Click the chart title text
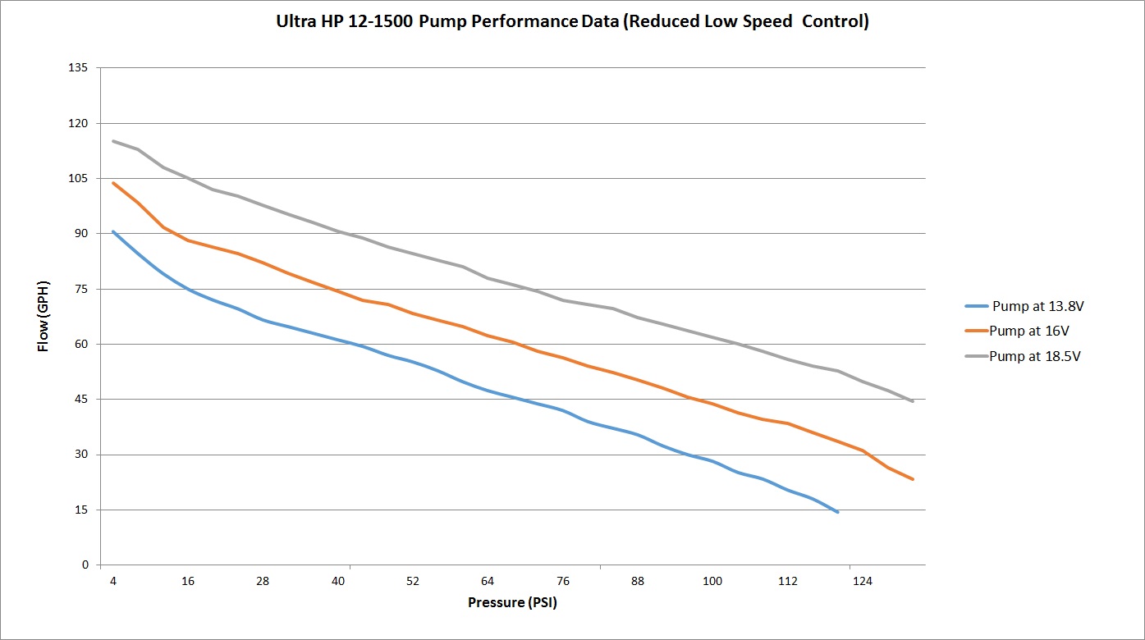[x=572, y=22]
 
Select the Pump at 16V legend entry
[x=1029, y=331]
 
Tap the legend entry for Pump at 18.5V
[x=1035, y=356]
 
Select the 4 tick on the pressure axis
[x=113, y=581]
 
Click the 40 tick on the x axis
[x=338, y=581]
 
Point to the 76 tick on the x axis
[x=563, y=581]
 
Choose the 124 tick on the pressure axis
[x=863, y=581]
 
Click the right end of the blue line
[x=837, y=512]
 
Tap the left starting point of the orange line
[x=113, y=183]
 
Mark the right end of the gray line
[x=913, y=401]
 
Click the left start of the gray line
[x=113, y=141]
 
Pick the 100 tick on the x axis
[x=712, y=581]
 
